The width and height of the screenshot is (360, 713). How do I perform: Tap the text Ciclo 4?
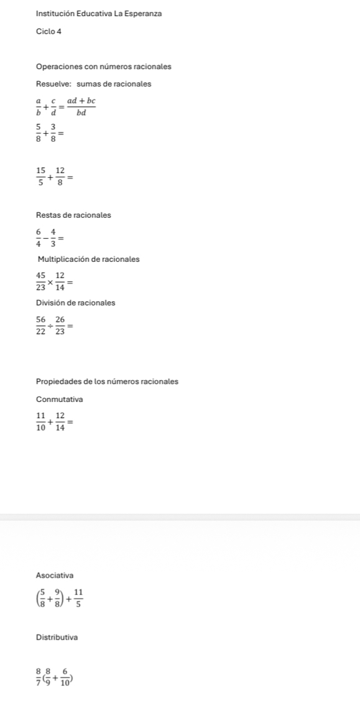(49, 31)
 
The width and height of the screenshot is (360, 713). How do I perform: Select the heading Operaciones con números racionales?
(104, 67)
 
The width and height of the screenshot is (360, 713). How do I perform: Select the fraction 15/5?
(41, 177)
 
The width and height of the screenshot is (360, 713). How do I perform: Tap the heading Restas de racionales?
(73, 215)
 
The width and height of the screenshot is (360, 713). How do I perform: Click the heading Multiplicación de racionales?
(88, 259)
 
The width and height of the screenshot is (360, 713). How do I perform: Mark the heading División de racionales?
(75, 303)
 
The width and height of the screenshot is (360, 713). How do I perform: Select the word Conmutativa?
(60, 399)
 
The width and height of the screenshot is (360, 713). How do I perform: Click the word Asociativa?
(55, 576)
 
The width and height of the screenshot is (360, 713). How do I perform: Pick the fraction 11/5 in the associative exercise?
(78, 598)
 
